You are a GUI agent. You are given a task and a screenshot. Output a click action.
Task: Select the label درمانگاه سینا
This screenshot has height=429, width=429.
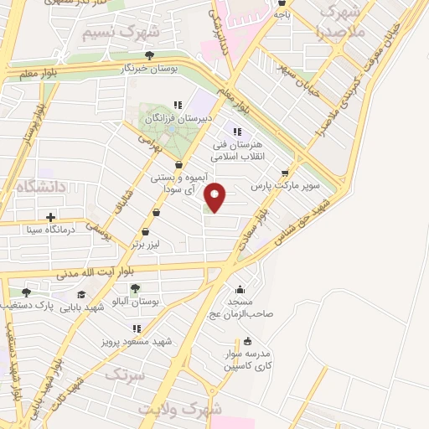[x=52, y=227]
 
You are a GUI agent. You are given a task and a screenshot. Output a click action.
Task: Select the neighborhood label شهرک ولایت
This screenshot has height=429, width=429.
[x=183, y=409]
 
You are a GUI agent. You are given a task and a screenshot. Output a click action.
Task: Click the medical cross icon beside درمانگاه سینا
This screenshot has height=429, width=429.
[x=52, y=216]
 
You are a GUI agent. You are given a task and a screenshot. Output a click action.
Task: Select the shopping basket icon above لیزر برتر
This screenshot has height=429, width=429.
[x=146, y=232]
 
